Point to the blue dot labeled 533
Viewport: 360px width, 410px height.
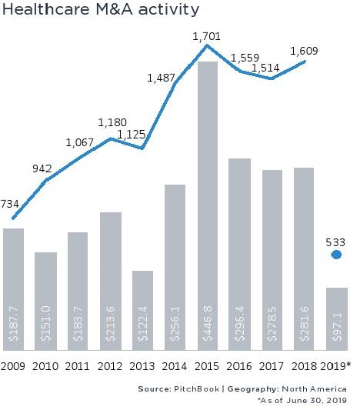pyautogui.click(x=336, y=255)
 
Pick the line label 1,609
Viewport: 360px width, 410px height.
pyautogui.click(x=303, y=52)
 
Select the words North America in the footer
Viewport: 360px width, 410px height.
pyautogui.click(x=317, y=388)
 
